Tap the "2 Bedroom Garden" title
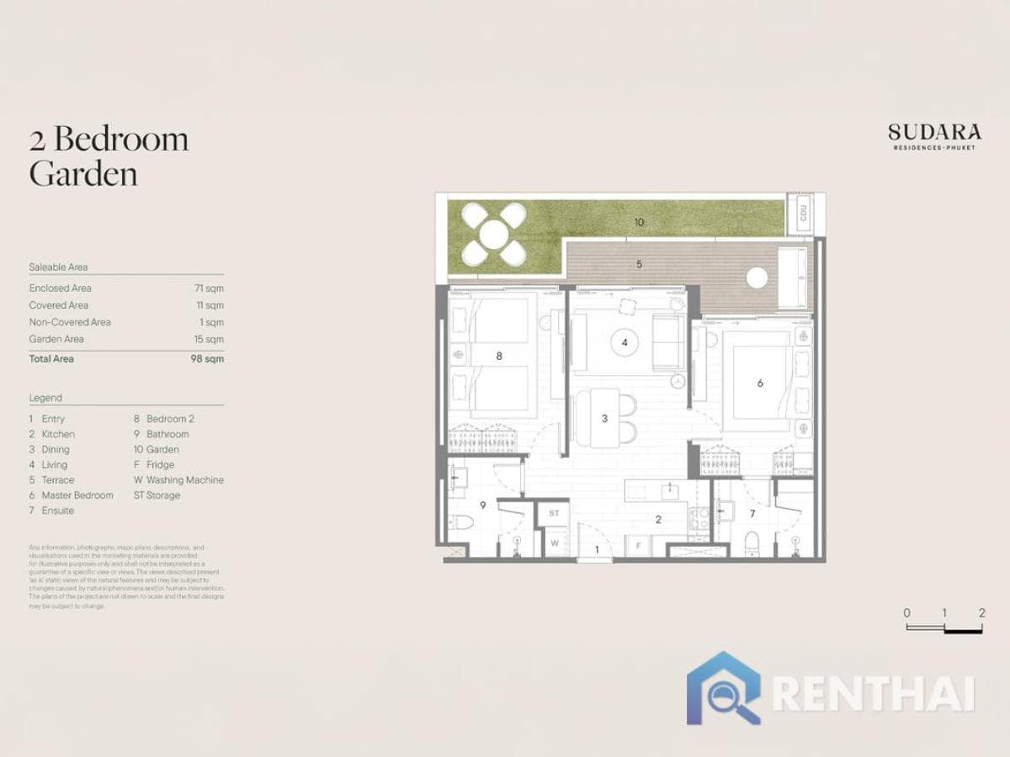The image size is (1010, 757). (x=109, y=156)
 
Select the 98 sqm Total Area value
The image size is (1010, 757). (x=207, y=358)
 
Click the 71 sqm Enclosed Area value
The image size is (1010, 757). (x=209, y=289)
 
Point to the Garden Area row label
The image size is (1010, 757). (x=56, y=339)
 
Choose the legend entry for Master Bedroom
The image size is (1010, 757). (x=77, y=495)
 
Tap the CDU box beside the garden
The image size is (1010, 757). (x=804, y=214)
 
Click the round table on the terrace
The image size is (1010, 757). (x=757, y=278)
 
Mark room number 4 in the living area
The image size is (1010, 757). (x=625, y=342)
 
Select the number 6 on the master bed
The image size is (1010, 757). (x=760, y=383)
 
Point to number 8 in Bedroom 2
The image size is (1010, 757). (x=499, y=356)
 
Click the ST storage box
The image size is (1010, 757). (x=554, y=512)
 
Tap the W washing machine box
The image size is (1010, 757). (x=554, y=543)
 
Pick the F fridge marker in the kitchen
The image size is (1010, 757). (x=639, y=545)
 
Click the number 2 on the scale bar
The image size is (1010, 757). (x=982, y=613)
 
